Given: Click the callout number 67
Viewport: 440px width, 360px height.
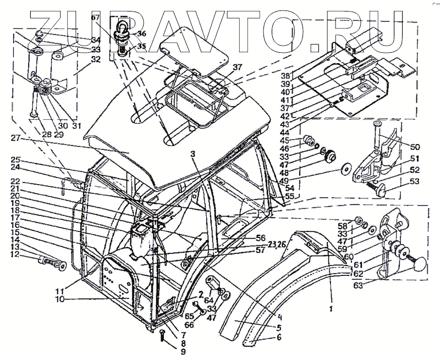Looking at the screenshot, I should coord(95,18).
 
